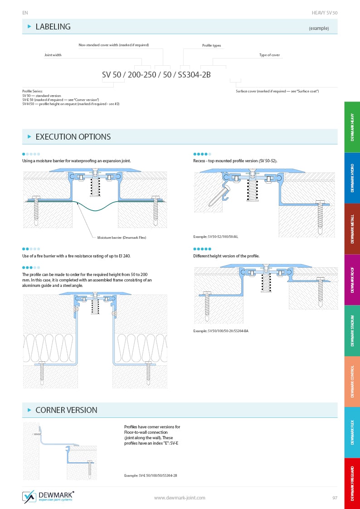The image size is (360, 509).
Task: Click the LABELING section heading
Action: tap(53, 27)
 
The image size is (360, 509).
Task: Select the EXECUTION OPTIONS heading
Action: tap(73, 137)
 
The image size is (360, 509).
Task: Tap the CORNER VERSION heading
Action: tap(66, 410)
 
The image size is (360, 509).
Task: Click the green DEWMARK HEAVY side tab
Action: tap(352, 127)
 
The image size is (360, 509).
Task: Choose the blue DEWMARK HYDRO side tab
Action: tap(352, 178)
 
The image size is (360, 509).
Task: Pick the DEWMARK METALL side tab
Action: tap(352, 228)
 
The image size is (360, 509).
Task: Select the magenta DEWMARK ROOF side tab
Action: tap(352, 280)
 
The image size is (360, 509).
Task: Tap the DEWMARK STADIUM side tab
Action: tap(352, 330)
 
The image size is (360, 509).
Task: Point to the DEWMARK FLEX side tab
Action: tap(352, 432)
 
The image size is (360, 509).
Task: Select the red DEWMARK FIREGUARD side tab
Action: tap(352, 483)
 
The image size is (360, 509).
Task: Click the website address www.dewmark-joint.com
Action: tap(180, 498)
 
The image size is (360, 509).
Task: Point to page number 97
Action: tap(335, 498)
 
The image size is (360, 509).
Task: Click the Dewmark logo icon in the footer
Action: tap(29, 497)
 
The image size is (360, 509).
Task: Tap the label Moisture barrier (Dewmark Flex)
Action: tap(122, 238)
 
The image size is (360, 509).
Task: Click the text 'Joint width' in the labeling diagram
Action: tap(53, 55)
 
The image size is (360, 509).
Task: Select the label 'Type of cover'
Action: tap(269, 55)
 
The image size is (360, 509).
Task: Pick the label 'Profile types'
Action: tap(211, 46)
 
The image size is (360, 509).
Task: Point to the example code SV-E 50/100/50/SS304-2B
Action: tap(151, 475)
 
